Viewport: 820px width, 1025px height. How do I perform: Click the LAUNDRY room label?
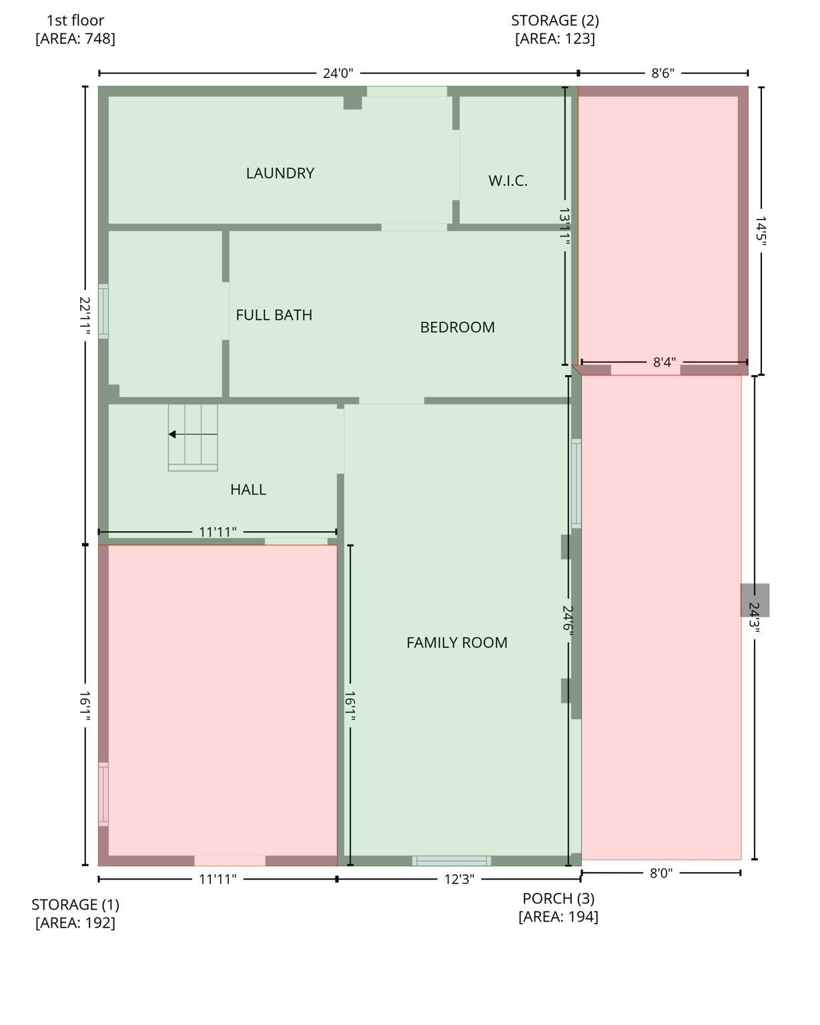click(x=280, y=174)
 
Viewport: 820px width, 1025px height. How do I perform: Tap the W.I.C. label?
click(x=508, y=181)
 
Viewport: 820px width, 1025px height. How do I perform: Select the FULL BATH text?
click(x=274, y=315)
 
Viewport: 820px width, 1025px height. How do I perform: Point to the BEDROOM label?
click(x=457, y=328)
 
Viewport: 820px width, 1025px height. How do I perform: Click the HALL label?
click(x=248, y=490)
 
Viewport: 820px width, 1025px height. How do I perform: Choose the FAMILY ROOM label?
click(x=456, y=643)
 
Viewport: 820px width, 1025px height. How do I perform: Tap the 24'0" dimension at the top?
click(x=338, y=73)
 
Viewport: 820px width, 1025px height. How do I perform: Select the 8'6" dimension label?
click(x=663, y=73)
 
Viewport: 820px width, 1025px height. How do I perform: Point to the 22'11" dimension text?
click(x=85, y=314)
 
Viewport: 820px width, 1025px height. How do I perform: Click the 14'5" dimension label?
click(x=761, y=230)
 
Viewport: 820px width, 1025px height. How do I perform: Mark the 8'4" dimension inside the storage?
click(x=664, y=362)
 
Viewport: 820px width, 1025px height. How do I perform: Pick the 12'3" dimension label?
click(x=459, y=880)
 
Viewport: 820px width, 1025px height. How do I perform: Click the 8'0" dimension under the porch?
click(x=661, y=873)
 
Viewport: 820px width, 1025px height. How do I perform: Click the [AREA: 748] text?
click(x=75, y=39)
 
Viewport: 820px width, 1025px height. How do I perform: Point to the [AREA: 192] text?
click(x=75, y=923)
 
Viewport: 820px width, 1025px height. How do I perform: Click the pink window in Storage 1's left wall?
click(x=103, y=794)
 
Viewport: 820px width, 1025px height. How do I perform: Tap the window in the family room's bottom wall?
click(x=452, y=861)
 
